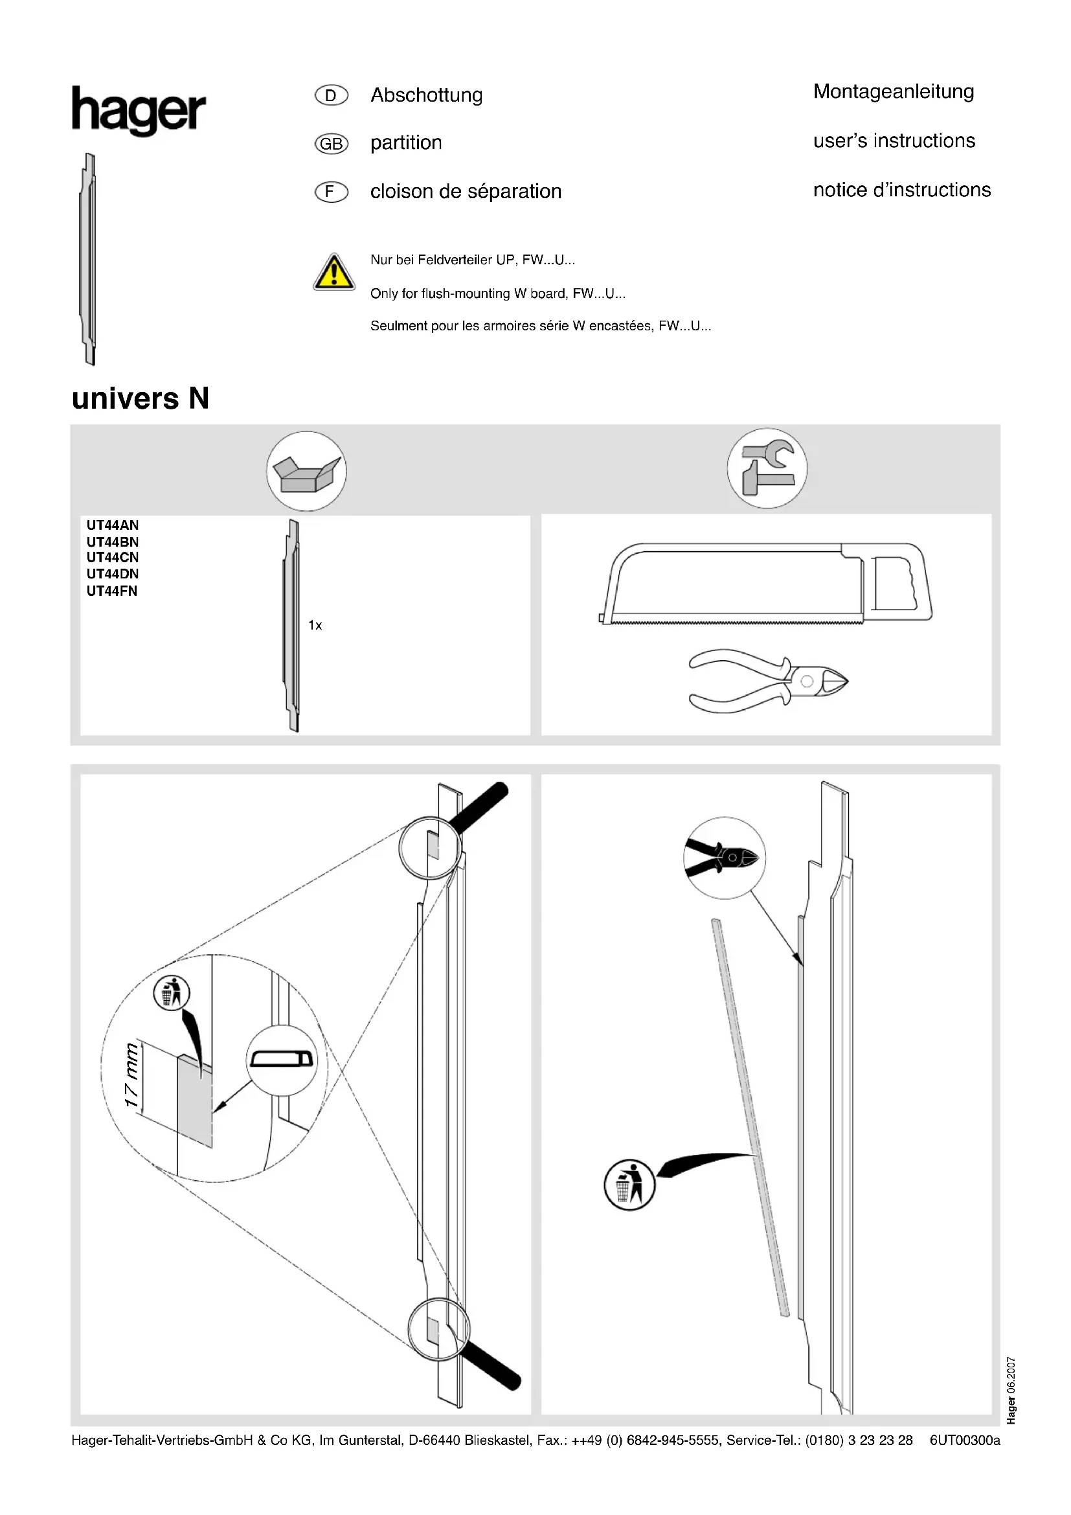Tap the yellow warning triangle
(333, 273)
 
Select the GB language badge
(331, 143)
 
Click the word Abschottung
(426, 95)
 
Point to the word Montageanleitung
(893, 91)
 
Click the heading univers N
(141, 398)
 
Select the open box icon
(307, 472)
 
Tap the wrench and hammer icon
(767, 468)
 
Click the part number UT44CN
(113, 558)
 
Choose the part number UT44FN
(112, 591)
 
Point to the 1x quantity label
(315, 625)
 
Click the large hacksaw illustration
(765, 584)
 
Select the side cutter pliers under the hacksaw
(768, 681)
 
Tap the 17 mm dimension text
(132, 1075)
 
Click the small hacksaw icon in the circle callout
(282, 1060)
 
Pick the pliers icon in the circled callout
(724, 857)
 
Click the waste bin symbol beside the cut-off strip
(630, 1185)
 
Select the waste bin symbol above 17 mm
(172, 993)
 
